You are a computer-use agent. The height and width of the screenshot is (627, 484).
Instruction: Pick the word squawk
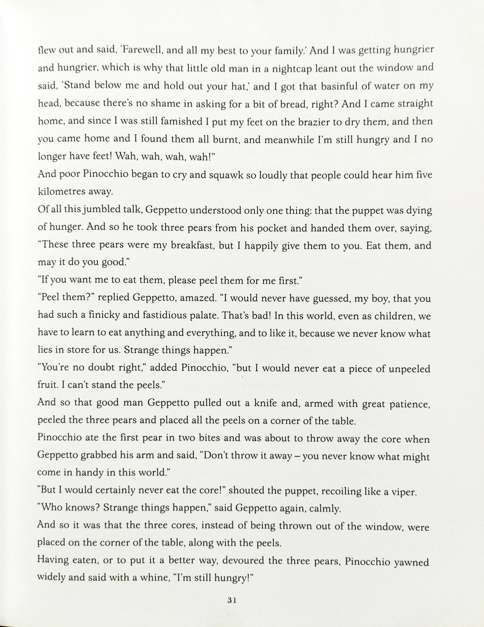coord(226,175)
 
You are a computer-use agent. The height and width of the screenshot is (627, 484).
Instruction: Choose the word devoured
coord(243,561)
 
